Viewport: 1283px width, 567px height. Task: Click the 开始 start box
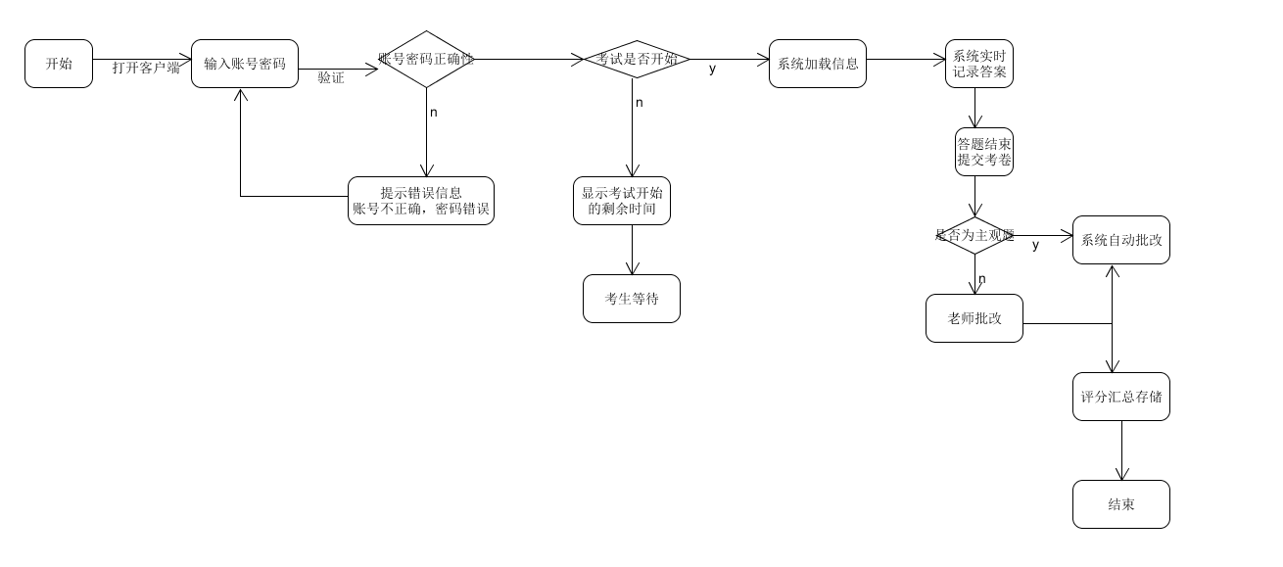click(59, 64)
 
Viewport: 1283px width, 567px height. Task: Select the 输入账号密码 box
click(245, 64)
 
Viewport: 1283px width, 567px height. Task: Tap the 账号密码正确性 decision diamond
click(426, 59)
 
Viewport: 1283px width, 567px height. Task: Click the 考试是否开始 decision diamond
click(637, 59)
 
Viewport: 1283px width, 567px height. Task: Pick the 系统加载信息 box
click(818, 64)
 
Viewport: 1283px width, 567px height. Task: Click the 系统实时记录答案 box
click(979, 64)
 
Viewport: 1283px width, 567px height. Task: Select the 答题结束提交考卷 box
click(984, 152)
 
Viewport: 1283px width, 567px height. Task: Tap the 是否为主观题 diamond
click(974, 235)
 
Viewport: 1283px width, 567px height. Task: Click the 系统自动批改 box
click(1121, 240)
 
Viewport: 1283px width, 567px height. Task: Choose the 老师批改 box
click(974, 318)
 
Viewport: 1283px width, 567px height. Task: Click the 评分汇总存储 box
click(1121, 397)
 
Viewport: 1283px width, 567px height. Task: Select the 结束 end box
click(1121, 504)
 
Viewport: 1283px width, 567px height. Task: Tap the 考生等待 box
click(632, 299)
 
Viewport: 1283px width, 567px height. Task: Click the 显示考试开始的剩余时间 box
click(622, 201)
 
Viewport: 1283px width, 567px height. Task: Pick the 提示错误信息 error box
click(421, 201)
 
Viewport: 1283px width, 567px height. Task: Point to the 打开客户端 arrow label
click(146, 68)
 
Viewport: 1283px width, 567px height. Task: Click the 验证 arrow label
click(331, 77)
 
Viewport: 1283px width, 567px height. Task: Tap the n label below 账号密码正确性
click(434, 112)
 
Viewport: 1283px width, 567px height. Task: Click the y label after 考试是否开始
click(712, 69)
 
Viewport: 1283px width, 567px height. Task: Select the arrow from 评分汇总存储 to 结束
click(1121, 450)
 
